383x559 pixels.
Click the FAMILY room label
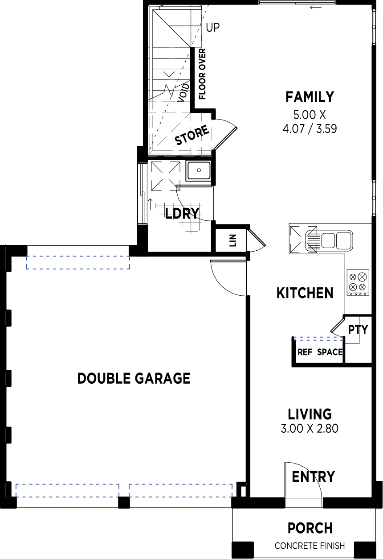pos(310,97)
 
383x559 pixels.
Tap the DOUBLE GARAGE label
pos(134,378)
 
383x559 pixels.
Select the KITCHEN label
pos(305,293)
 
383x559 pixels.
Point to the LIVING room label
pos(310,414)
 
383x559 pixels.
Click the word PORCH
pos(310,528)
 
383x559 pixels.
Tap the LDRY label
pos(182,213)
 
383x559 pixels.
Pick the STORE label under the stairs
pos(191,135)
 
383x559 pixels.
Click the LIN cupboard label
pos(233,240)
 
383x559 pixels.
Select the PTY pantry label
pos(358,330)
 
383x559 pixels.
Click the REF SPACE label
pos(320,352)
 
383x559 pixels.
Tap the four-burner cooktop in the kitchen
pos(358,283)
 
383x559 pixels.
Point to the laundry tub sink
pos(199,170)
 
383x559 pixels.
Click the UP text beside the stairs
pos(213,28)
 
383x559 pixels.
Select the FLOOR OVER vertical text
pos(202,74)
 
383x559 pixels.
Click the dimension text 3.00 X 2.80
pos(310,429)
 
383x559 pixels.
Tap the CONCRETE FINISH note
pos(310,546)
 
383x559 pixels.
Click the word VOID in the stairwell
pos(184,93)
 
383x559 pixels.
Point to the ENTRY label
pos(313,476)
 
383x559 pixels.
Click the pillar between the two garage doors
pos(124,502)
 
